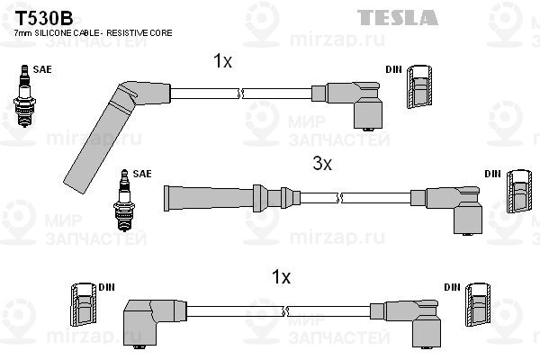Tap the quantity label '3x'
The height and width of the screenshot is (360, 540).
322,164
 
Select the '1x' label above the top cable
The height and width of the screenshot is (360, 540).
222,61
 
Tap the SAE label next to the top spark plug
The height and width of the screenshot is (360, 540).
41,68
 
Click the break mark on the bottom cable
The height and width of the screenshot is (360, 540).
284,311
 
